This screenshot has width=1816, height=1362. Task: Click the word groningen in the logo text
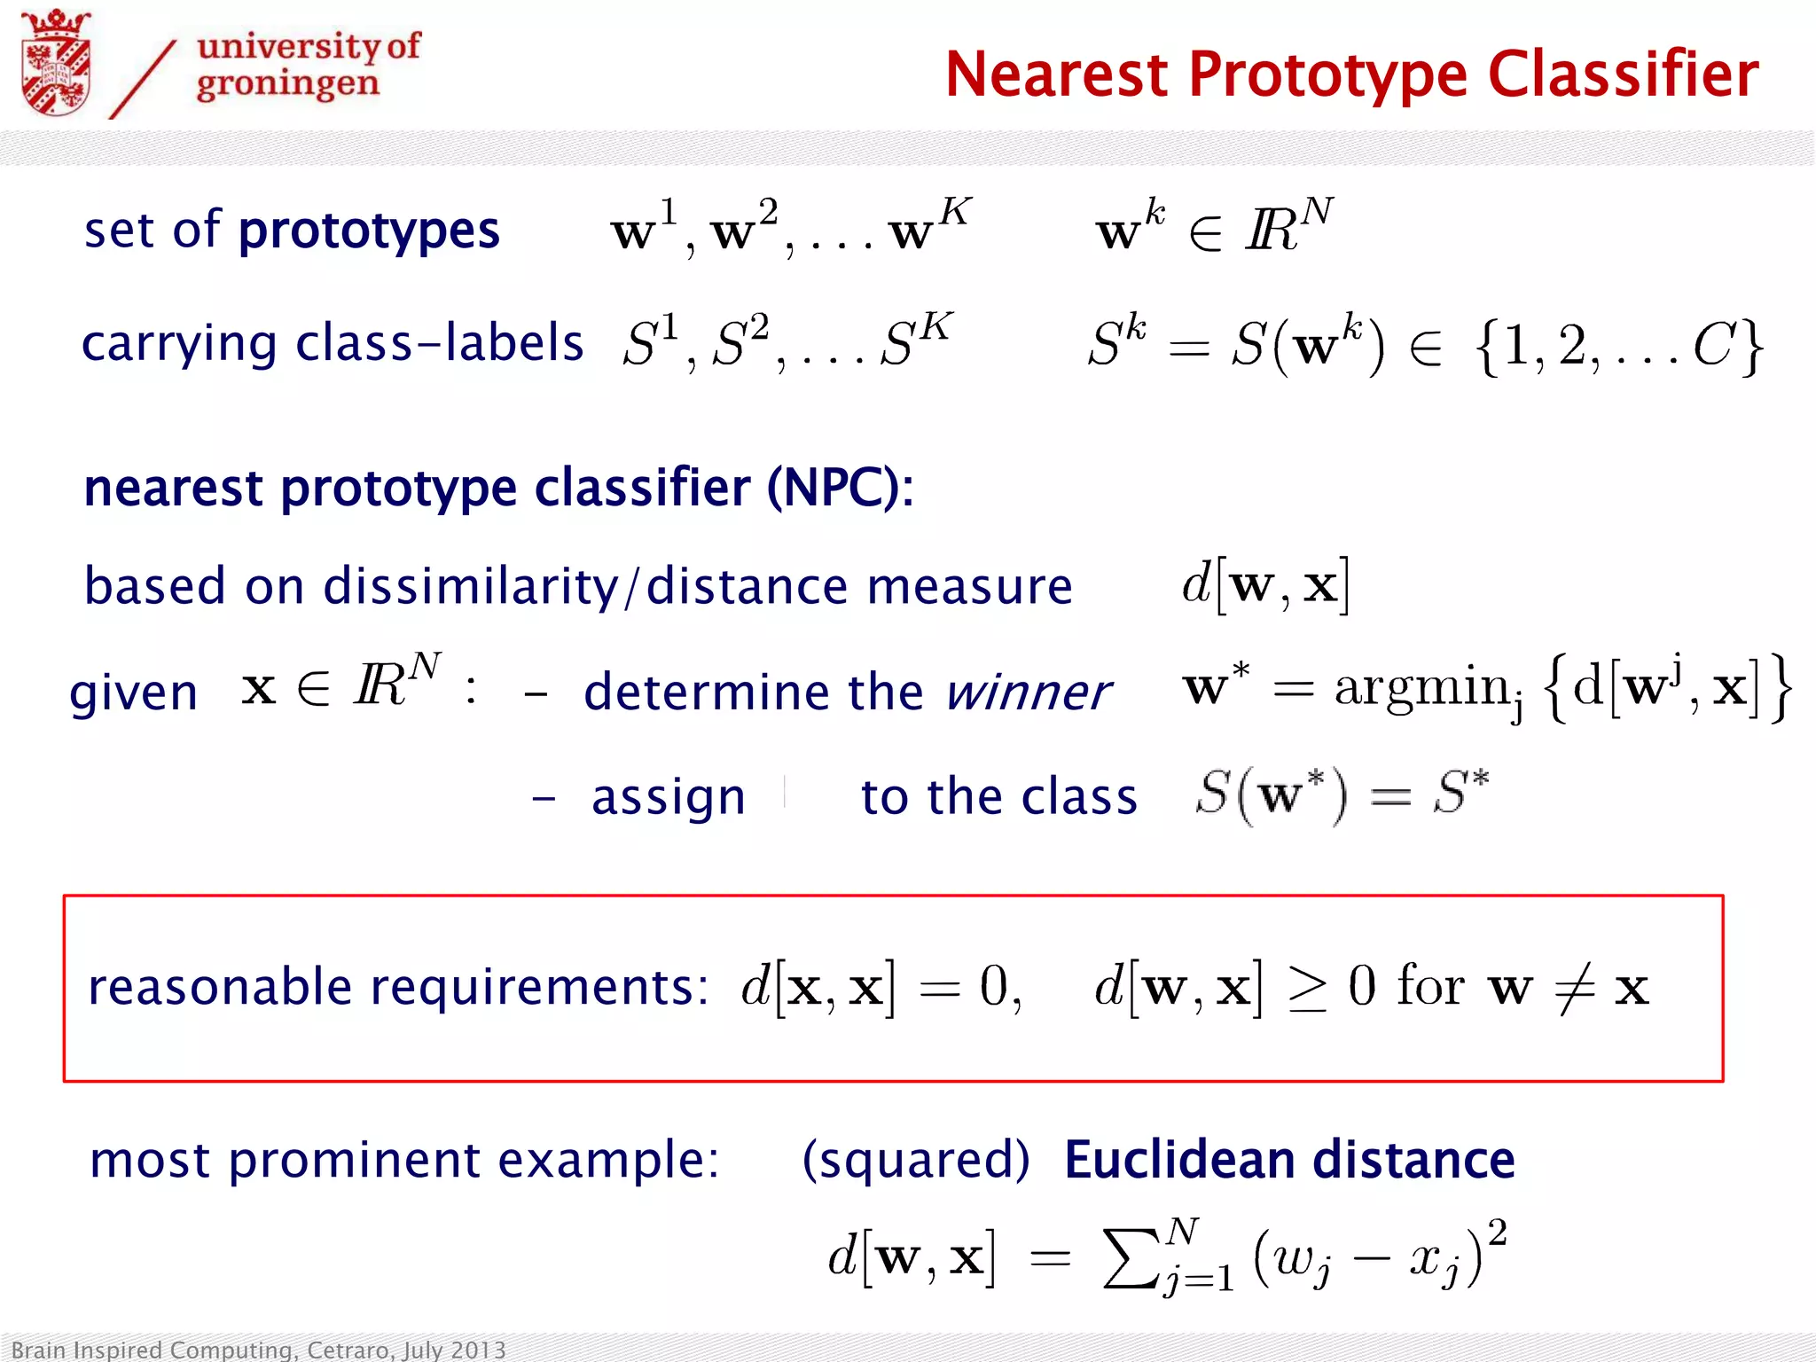point(287,84)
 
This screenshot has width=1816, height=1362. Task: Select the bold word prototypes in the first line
point(369,231)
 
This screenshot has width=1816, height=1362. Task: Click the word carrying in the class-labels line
point(179,344)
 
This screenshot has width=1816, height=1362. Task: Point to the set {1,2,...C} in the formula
point(1619,346)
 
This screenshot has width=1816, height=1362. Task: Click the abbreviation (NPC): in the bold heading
point(840,488)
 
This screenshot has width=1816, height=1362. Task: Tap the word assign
point(669,796)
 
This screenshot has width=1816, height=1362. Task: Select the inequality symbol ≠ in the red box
point(1575,988)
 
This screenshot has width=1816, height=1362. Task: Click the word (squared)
point(916,1160)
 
